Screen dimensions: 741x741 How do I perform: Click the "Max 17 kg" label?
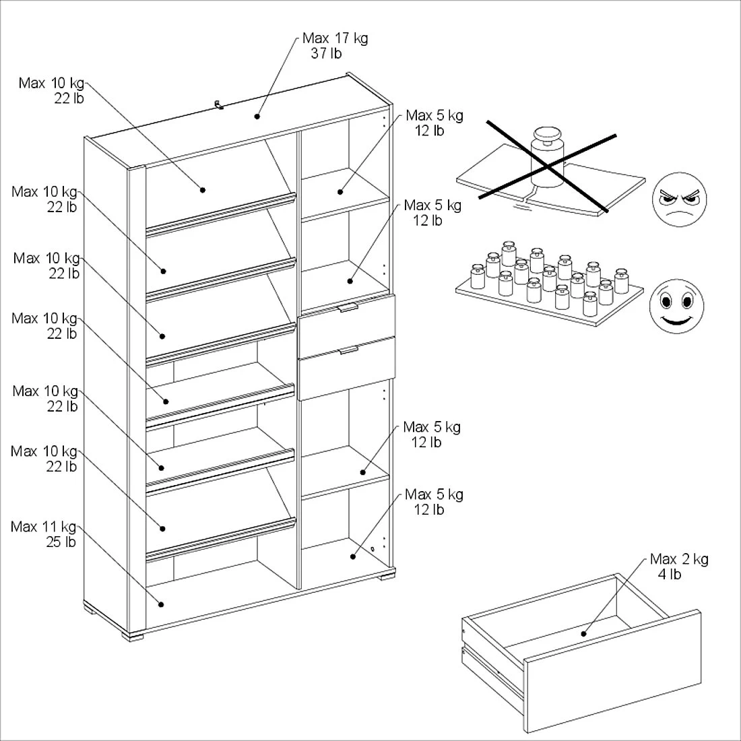[335, 38]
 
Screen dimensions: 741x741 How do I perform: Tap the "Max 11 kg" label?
[44, 527]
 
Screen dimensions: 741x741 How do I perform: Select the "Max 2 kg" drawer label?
[679, 559]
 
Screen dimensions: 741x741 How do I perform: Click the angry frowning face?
[679, 199]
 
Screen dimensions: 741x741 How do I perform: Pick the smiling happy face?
[677, 306]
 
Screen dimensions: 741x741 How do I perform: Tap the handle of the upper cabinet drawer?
[348, 307]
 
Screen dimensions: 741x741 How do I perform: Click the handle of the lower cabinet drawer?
[349, 350]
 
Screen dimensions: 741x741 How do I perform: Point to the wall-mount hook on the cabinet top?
[218, 105]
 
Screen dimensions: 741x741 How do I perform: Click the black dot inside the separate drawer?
[583, 634]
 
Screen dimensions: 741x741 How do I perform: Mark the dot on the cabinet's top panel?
[257, 117]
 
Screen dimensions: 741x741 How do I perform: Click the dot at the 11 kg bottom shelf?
[161, 604]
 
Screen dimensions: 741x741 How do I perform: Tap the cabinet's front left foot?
[133, 636]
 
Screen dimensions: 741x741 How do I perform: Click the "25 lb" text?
[61, 542]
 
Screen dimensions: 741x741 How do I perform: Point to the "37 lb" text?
[326, 53]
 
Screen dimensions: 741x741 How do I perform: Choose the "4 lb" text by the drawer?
[670, 574]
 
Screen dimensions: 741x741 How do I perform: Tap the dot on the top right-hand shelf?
[340, 192]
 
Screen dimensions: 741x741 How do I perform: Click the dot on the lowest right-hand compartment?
[352, 556]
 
